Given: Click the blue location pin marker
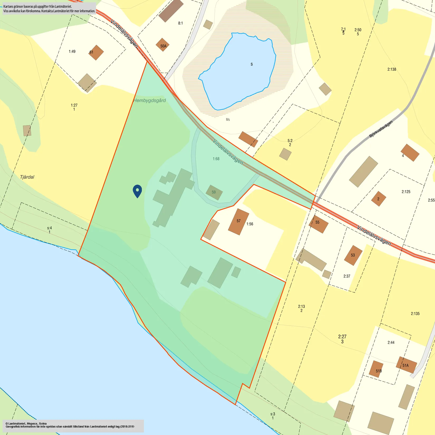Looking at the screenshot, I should pos(137,191).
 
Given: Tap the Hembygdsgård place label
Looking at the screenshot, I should pos(149,100).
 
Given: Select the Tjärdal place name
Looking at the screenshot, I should pos(27,177).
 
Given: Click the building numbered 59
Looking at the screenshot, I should pos(214,192).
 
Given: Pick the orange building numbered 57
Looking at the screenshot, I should pos(238,222).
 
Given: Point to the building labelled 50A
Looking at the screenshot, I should pos(163,45).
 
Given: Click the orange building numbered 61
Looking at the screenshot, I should pos(96,52).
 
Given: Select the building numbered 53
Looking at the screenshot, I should pos(353,255).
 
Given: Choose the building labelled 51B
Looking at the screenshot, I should pos(377,369).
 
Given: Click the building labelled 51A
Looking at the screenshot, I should pos(406,365).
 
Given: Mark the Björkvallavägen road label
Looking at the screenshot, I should pos(381,129).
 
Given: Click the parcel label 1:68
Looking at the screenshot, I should pos(216,159).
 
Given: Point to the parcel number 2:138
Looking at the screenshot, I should pos(391,69).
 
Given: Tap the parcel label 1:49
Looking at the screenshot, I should pos(72,51).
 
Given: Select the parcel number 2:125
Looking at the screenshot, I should pos(406,192).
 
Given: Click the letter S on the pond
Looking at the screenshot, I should pos(252,64).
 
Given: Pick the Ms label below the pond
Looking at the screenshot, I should pos(228,119).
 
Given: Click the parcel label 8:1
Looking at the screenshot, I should pos(180,23).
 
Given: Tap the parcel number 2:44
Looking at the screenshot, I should pos(391,342).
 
